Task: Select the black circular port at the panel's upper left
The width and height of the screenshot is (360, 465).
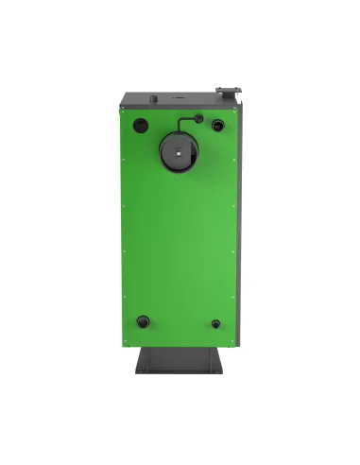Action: pos(141,124)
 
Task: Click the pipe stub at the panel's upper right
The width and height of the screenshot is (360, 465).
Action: pos(218,124)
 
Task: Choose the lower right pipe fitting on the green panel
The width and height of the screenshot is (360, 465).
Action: pos(216,323)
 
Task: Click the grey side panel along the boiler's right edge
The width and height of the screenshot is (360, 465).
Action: pos(242,217)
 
